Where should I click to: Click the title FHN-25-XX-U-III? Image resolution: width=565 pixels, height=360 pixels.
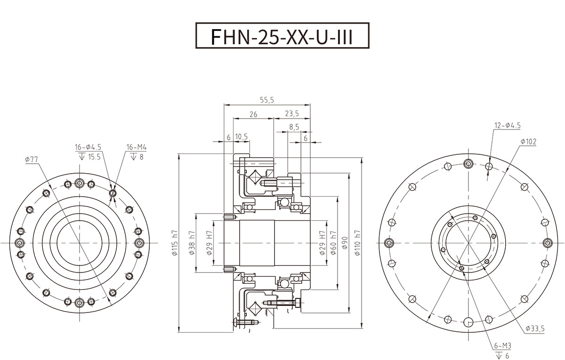[x=282, y=36]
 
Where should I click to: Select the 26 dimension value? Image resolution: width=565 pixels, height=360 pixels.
[x=253, y=114]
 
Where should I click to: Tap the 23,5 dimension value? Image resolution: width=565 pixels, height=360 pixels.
[x=292, y=114]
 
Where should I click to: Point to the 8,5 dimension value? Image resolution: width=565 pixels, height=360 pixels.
[x=294, y=127]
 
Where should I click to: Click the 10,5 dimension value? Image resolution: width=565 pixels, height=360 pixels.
[x=242, y=137]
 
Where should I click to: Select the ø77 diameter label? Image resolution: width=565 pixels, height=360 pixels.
[x=31, y=160]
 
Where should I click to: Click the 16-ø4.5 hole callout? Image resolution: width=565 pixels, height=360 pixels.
[x=88, y=148]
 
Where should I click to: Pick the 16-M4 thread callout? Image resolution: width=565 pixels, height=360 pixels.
[x=137, y=148]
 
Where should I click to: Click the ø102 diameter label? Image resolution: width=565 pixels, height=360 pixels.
[x=529, y=141]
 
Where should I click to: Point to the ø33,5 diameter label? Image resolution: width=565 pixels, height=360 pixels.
[x=534, y=329]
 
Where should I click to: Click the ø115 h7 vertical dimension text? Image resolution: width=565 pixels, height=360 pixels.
[x=174, y=243]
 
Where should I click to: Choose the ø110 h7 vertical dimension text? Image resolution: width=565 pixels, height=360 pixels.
[x=357, y=243]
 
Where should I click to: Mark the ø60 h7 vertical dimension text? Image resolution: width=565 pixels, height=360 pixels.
[x=333, y=243]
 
